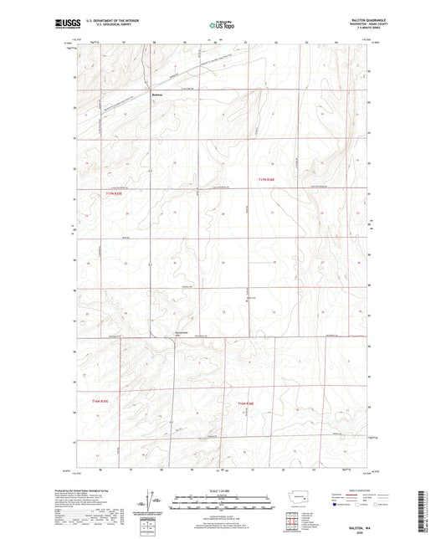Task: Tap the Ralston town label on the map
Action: pos(158,94)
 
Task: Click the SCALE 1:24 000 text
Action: pos(223,491)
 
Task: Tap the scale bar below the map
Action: pos(223,504)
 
